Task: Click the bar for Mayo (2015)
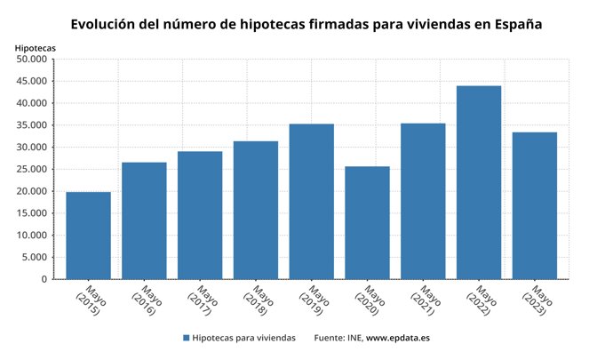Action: point(88,236)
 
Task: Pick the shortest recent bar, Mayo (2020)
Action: point(367,223)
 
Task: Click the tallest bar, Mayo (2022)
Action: point(479,182)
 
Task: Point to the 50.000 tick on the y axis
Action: point(32,60)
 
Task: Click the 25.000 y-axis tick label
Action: point(32,170)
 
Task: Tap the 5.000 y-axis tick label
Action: point(35,258)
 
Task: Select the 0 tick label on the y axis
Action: point(44,279)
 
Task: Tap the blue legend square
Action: point(187,338)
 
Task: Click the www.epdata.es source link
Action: point(398,338)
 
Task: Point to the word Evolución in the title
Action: point(110,22)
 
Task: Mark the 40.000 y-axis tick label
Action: point(32,103)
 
